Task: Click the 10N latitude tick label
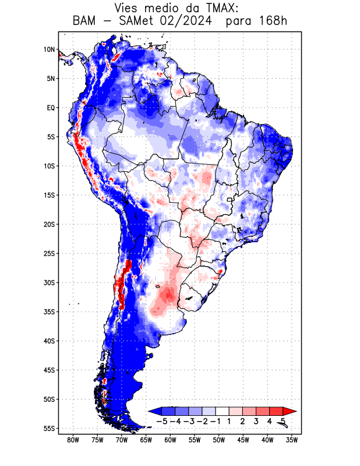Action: (x=49, y=50)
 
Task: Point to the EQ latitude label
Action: (x=50, y=108)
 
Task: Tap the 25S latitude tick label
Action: (x=48, y=253)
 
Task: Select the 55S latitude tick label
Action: (x=48, y=428)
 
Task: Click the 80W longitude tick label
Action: (x=73, y=440)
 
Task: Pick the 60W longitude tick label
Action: (x=171, y=440)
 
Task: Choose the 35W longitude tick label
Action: (x=292, y=440)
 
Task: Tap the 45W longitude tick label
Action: (x=243, y=440)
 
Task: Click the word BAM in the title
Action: (x=86, y=22)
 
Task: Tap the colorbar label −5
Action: (x=162, y=421)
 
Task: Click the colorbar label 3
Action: (x=256, y=421)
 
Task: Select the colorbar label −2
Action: (x=202, y=421)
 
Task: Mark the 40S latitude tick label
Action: (x=48, y=341)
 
